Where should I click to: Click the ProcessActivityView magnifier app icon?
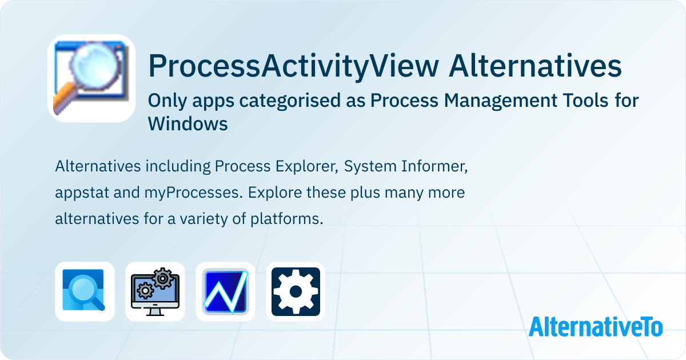pos(91,78)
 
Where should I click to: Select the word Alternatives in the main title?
pos(535,66)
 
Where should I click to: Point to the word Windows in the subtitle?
pos(188,123)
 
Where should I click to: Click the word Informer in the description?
pos(434,166)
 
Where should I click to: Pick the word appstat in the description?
pos(82,193)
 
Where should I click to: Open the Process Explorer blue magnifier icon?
pos(85,291)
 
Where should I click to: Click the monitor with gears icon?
pos(155,291)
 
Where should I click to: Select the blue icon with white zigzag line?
pos(225,291)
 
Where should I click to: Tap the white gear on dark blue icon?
pos(296,291)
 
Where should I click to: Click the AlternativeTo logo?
pos(596,327)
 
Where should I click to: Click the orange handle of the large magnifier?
pos(65,99)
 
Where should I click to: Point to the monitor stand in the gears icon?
pos(155,312)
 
